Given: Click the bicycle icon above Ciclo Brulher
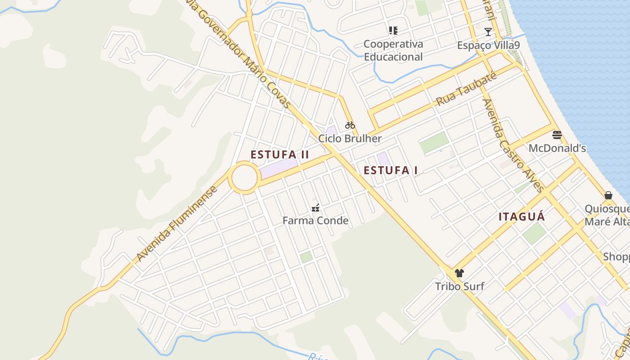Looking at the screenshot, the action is click(350, 125).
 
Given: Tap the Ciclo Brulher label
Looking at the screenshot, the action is click(350, 139).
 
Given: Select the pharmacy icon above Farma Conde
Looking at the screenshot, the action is click(315, 207).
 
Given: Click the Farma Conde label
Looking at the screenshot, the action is click(315, 220).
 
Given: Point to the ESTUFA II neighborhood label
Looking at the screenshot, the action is click(280, 154).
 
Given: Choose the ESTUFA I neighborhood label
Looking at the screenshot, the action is click(391, 171).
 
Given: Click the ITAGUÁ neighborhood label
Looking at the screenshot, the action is click(522, 217).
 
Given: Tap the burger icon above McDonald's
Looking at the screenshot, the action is click(557, 135).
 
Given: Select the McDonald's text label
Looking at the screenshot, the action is click(557, 148).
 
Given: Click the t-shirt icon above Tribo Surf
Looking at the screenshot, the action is click(459, 273).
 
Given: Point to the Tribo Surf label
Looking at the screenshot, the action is click(459, 286).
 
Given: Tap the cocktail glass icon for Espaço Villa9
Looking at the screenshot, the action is click(488, 31).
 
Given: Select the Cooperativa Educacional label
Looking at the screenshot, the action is click(393, 50).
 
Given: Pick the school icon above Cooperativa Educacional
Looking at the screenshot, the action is click(393, 31).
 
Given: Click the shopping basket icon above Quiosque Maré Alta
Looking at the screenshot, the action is click(608, 195).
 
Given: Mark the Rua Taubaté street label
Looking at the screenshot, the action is click(467, 89).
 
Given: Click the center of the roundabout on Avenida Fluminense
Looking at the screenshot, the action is click(244, 178).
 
